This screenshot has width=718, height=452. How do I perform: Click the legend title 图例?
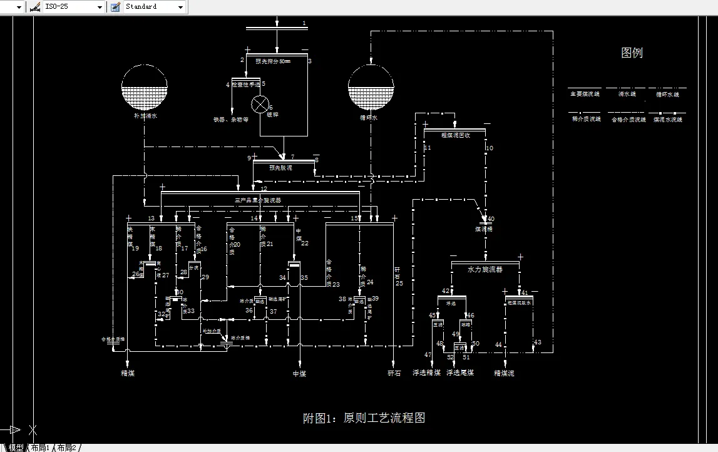(x=632, y=53)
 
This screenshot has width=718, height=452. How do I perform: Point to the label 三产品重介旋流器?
(x=257, y=200)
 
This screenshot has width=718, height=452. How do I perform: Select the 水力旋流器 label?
(x=485, y=269)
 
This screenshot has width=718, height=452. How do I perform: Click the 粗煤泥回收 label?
(x=455, y=135)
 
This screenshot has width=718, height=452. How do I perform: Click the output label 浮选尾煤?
(x=460, y=373)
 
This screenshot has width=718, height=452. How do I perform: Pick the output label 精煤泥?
(x=504, y=373)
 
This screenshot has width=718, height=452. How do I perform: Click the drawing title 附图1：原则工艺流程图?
(x=364, y=418)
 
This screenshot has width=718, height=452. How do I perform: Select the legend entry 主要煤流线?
(x=584, y=95)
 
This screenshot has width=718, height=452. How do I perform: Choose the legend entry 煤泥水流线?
(x=667, y=119)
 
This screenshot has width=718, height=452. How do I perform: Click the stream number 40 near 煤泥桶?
(x=491, y=219)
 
